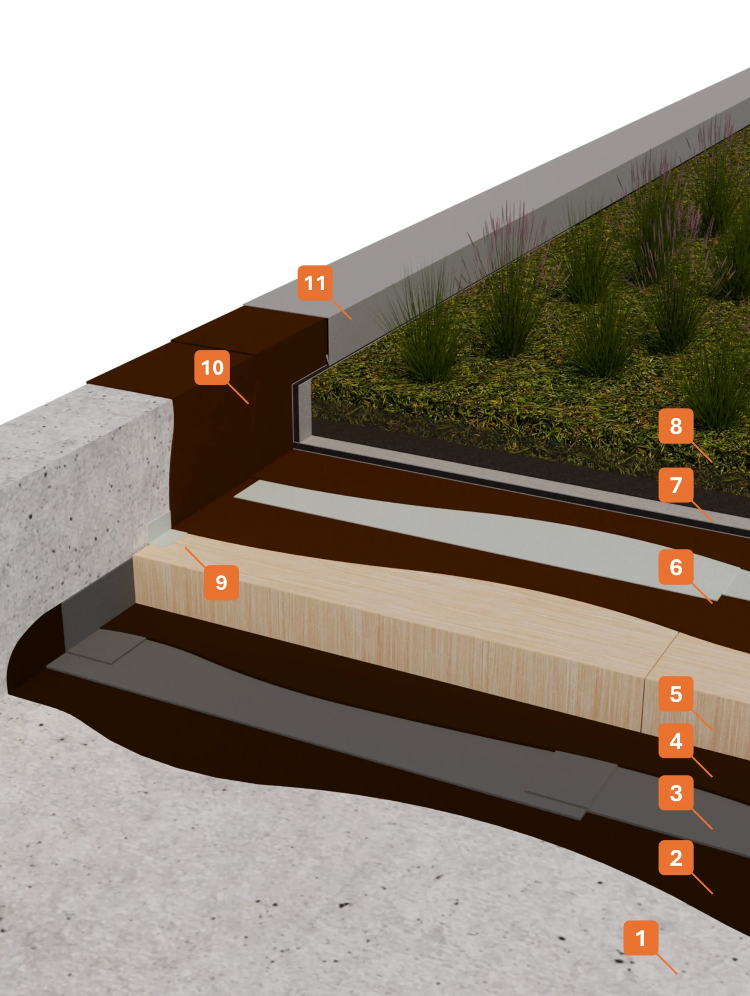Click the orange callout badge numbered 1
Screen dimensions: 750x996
[641, 938]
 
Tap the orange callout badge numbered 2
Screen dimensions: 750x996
[676, 858]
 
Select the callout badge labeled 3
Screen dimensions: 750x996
[676, 793]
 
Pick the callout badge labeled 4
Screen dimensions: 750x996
[676, 741]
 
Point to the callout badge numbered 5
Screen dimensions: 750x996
[676, 694]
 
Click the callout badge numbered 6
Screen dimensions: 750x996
[676, 567]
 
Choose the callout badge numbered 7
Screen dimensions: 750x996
[676, 485]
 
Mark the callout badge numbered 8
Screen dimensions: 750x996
[676, 426]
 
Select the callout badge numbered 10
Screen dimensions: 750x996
[212, 367]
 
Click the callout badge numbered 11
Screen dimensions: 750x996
[315, 283]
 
